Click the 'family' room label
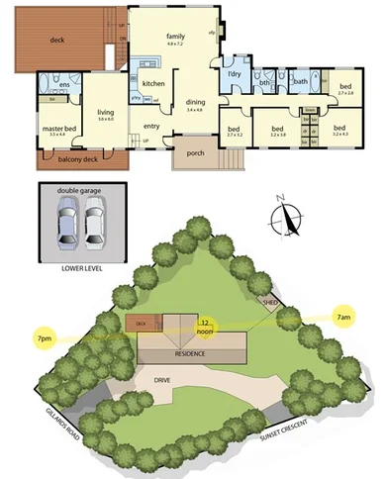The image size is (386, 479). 174,35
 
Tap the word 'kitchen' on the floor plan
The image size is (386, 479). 152,84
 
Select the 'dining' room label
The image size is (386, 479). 196,101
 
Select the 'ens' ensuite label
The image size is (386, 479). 63,85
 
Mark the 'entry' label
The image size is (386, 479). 151,126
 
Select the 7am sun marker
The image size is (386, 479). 342,317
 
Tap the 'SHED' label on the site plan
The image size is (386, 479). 268,300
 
